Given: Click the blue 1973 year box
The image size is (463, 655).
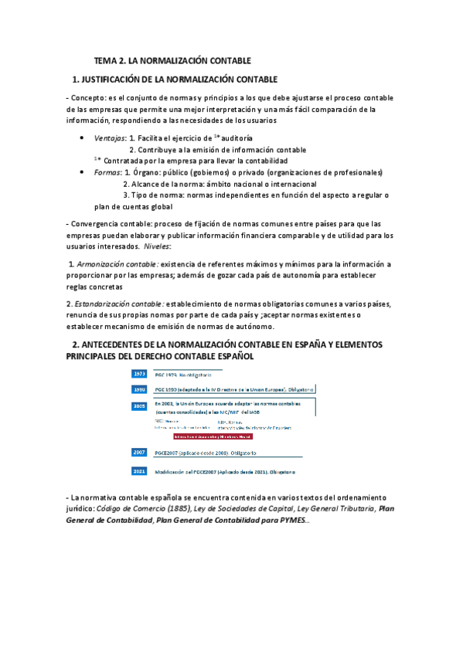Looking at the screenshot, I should (x=140, y=375).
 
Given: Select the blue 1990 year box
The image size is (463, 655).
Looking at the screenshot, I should (x=140, y=389).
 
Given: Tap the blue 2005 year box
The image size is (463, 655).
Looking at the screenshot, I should (x=140, y=405).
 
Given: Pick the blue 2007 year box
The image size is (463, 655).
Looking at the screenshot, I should (x=140, y=452).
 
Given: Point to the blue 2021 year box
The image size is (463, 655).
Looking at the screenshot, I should (x=140, y=470).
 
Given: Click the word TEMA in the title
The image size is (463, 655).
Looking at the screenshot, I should (x=105, y=60).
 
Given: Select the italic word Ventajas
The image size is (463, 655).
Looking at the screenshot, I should (x=110, y=137).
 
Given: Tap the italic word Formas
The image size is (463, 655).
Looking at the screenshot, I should (x=107, y=172).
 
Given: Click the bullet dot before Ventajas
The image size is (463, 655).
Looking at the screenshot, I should (x=83, y=137).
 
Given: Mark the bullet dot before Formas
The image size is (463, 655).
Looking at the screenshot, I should (x=83, y=172).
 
